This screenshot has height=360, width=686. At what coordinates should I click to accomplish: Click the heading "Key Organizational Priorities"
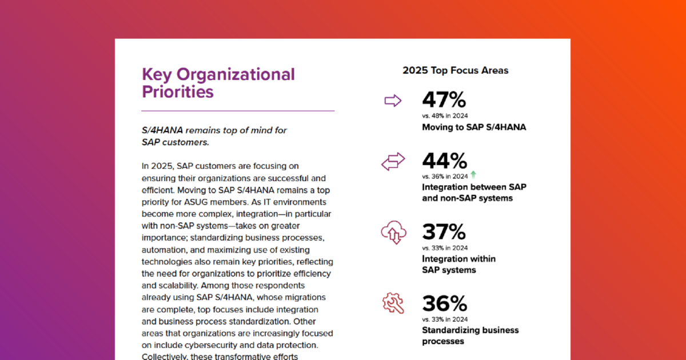218,83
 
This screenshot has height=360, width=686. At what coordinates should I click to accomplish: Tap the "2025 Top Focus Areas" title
455,71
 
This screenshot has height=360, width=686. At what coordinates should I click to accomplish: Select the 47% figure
444,100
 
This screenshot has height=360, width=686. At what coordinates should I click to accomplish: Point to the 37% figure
444,232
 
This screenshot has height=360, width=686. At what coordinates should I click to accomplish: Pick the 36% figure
444,303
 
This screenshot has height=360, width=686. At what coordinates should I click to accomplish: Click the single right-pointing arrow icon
393,101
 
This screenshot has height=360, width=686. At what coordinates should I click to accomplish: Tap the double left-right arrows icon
393,162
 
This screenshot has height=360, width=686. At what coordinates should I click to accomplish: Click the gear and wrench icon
393,303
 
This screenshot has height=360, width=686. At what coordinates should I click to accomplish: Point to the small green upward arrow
473,175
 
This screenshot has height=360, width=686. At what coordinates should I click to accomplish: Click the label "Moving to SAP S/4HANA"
474,127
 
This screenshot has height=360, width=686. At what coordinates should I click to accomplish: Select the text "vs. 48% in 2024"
445,116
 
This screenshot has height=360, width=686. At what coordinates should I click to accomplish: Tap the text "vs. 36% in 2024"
445,176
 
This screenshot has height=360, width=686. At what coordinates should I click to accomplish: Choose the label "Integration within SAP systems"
458,264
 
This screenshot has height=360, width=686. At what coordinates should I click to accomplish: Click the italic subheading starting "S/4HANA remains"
214,136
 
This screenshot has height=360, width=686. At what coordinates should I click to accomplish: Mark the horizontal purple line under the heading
238,111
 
